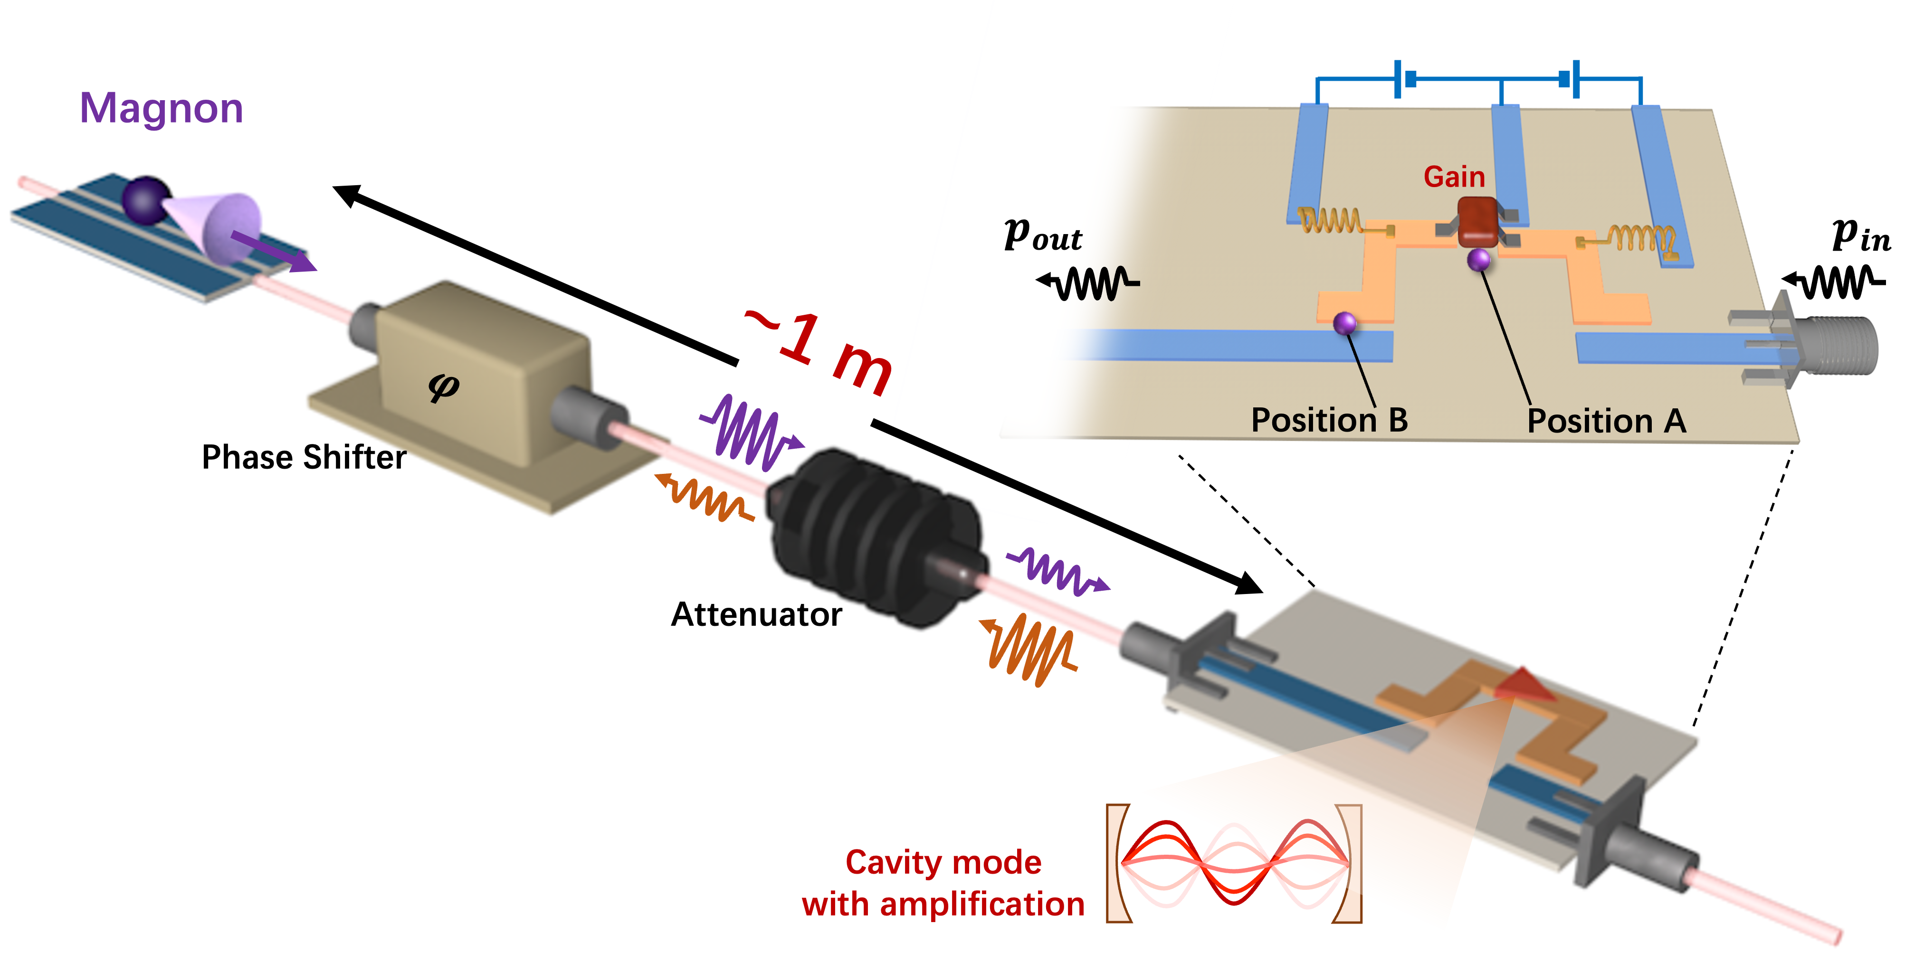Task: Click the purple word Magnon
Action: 161,109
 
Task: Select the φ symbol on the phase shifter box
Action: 444,386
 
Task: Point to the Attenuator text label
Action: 756,614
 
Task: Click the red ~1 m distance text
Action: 821,351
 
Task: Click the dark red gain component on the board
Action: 1477,220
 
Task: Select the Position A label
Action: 1606,421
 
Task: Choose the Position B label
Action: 1329,420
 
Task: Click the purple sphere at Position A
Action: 1478,260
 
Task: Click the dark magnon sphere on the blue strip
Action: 145,199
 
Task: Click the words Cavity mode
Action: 943,862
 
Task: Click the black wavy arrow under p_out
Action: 1087,283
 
